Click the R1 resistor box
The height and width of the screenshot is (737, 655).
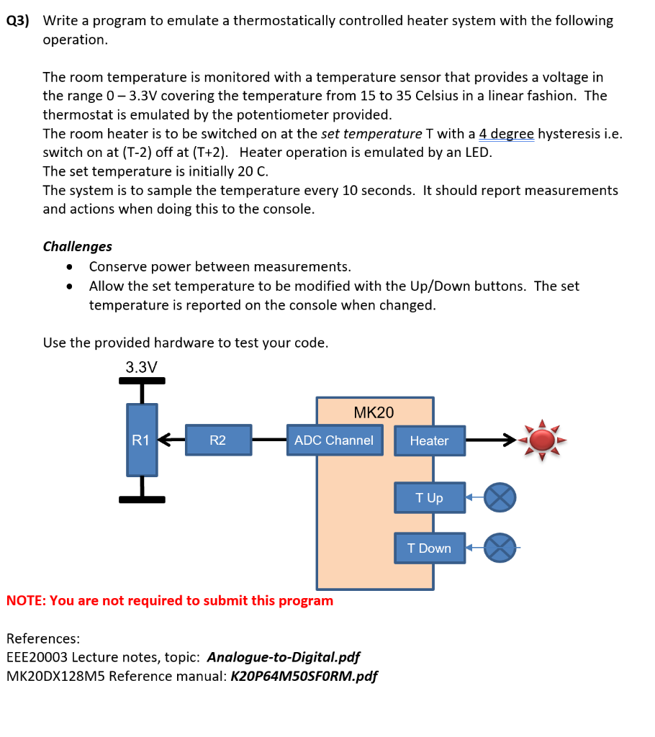coord(142,440)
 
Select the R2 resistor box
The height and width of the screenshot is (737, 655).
coord(218,440)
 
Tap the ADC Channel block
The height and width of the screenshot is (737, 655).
coord(334,440)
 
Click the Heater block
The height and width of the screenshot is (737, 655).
coord(429,440)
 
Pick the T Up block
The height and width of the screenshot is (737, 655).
coord(429,497)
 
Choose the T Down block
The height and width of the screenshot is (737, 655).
coord(429,548)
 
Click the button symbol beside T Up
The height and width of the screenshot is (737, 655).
coord(500,497)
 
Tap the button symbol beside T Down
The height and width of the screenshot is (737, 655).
coord(500,548)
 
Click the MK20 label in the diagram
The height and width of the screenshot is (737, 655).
coord(374,412)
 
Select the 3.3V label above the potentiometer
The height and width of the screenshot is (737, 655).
coord(141,367)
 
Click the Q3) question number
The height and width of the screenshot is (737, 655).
coord(18,21)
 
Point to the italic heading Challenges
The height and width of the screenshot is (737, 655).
coord(78,246)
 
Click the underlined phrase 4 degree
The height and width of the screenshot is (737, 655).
coord(506,134)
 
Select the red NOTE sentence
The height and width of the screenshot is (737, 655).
coord(170,600)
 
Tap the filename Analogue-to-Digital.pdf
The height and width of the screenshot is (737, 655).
coord(283,657)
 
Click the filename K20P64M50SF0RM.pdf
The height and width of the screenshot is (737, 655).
coord(303,676)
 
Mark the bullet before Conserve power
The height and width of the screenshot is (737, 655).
coord(69,267)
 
